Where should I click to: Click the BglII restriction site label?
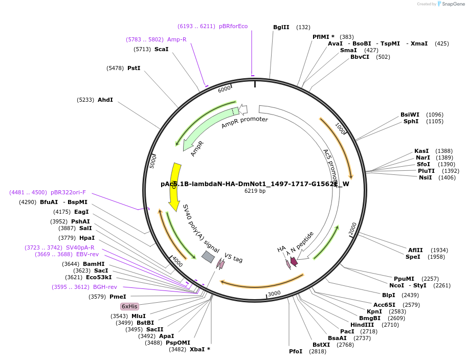pos(281,27)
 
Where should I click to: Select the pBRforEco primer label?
pos(233,26)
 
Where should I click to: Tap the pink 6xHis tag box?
pos(129,306)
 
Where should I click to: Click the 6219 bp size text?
pos(255,191)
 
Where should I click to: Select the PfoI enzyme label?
pos(296,351)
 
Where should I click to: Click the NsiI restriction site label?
pos(425,177)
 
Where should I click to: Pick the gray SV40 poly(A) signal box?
pos(208,257)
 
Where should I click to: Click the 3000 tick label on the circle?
pos(274,293)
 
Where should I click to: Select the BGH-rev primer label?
pos(105,287)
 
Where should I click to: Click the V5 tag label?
pos(233,259)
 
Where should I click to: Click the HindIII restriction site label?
pos(362,325)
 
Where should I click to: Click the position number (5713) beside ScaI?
pos(142,49)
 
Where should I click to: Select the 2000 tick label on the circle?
pos(352,230)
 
